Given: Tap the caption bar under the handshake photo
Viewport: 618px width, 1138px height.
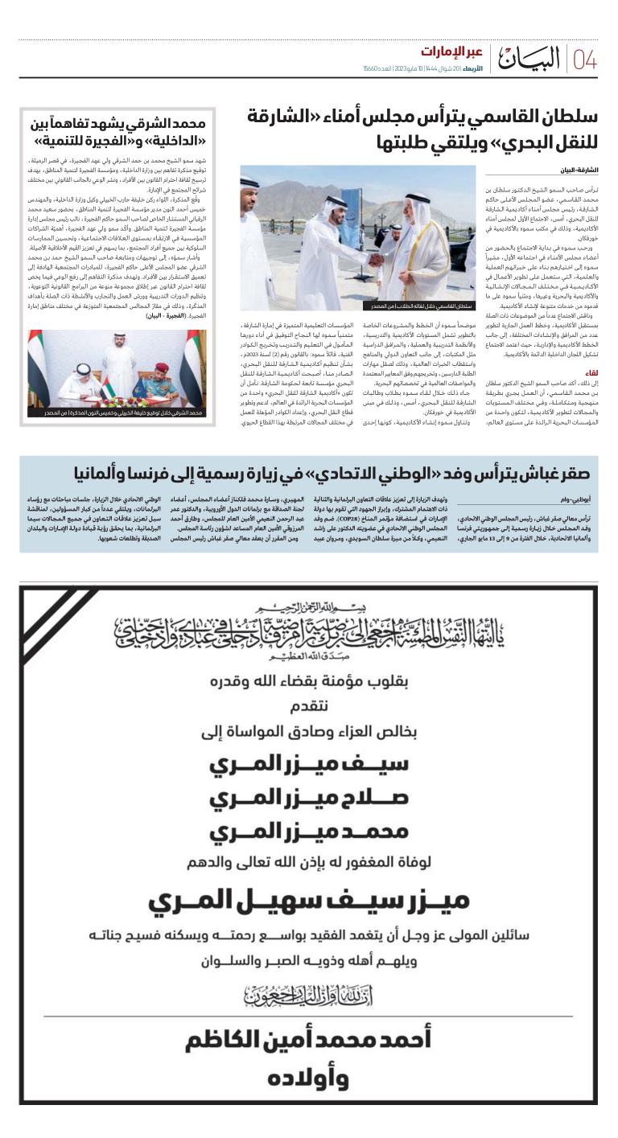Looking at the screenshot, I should (x=358, y=306).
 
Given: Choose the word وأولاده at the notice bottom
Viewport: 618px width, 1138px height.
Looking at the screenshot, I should (x=308, y=1078).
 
